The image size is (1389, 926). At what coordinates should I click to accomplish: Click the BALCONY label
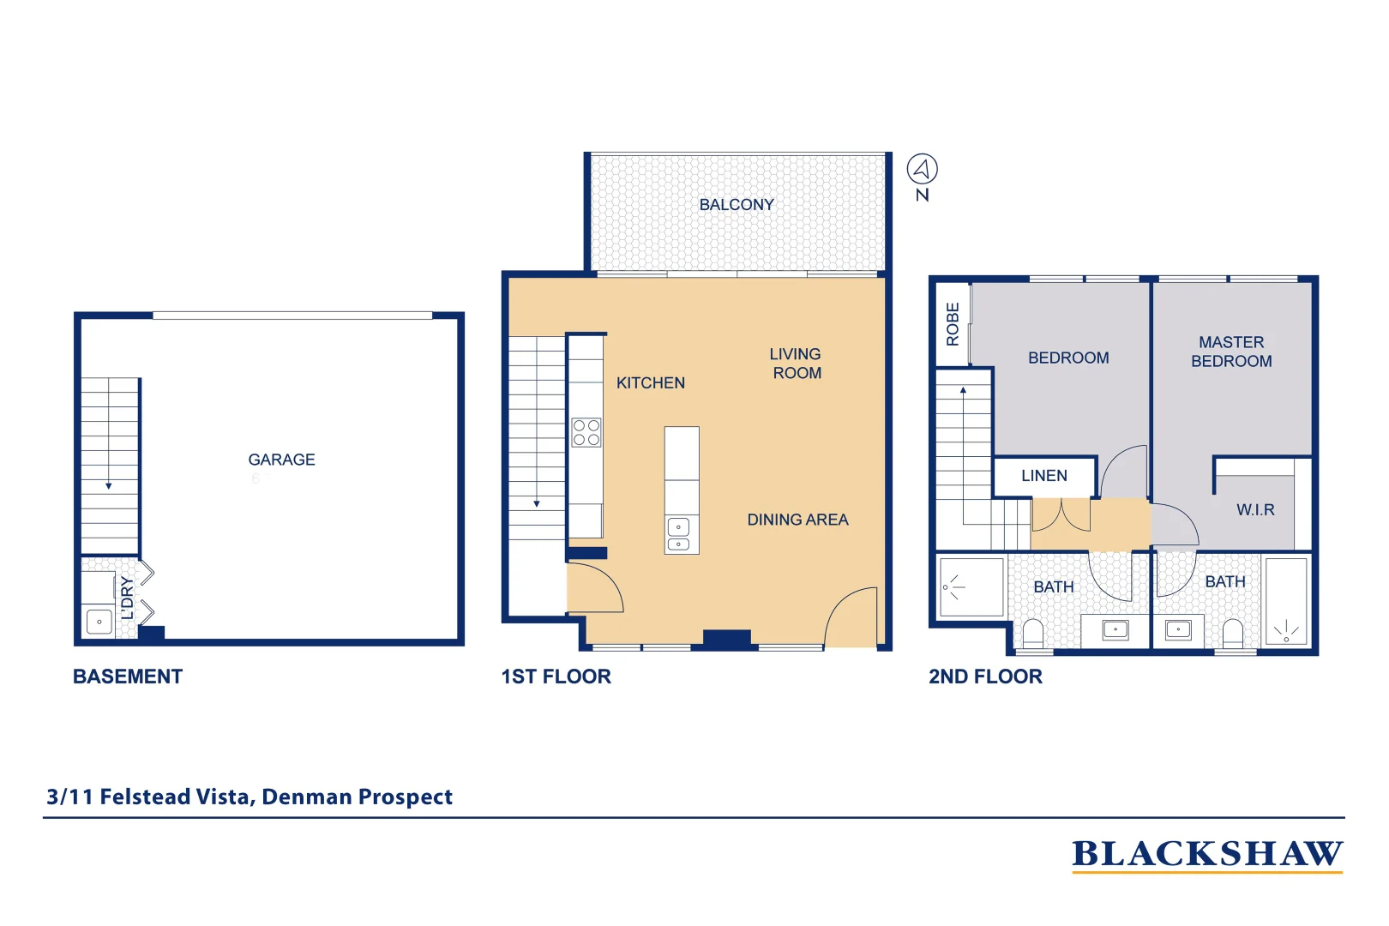point(736,205)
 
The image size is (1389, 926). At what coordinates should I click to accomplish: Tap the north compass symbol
point(922,169)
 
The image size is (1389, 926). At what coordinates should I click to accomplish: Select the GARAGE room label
point(281,460)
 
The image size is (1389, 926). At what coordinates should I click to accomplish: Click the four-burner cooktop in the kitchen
point(586,433)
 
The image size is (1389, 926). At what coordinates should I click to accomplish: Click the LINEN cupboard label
point(1043,476)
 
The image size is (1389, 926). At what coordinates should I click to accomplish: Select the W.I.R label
point(1254,510)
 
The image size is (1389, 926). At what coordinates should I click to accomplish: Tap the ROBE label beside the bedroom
point(953,324)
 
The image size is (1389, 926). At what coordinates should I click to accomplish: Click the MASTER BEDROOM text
point(1230,352)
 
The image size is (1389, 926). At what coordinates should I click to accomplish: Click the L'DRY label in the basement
point(127,598)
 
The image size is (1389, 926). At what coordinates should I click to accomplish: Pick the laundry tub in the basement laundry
point(99,622)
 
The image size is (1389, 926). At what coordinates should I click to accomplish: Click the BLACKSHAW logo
point(1206,854)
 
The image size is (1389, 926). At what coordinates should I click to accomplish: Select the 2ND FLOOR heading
point(985,676)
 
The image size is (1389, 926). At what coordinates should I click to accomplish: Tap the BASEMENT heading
point(128,676)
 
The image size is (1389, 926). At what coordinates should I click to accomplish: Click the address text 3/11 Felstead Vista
point(249,797)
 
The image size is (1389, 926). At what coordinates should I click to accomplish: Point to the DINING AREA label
point(797,520)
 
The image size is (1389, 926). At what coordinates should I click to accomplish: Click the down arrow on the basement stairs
point(109,485)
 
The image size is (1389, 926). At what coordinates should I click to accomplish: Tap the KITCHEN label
point(650,383)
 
